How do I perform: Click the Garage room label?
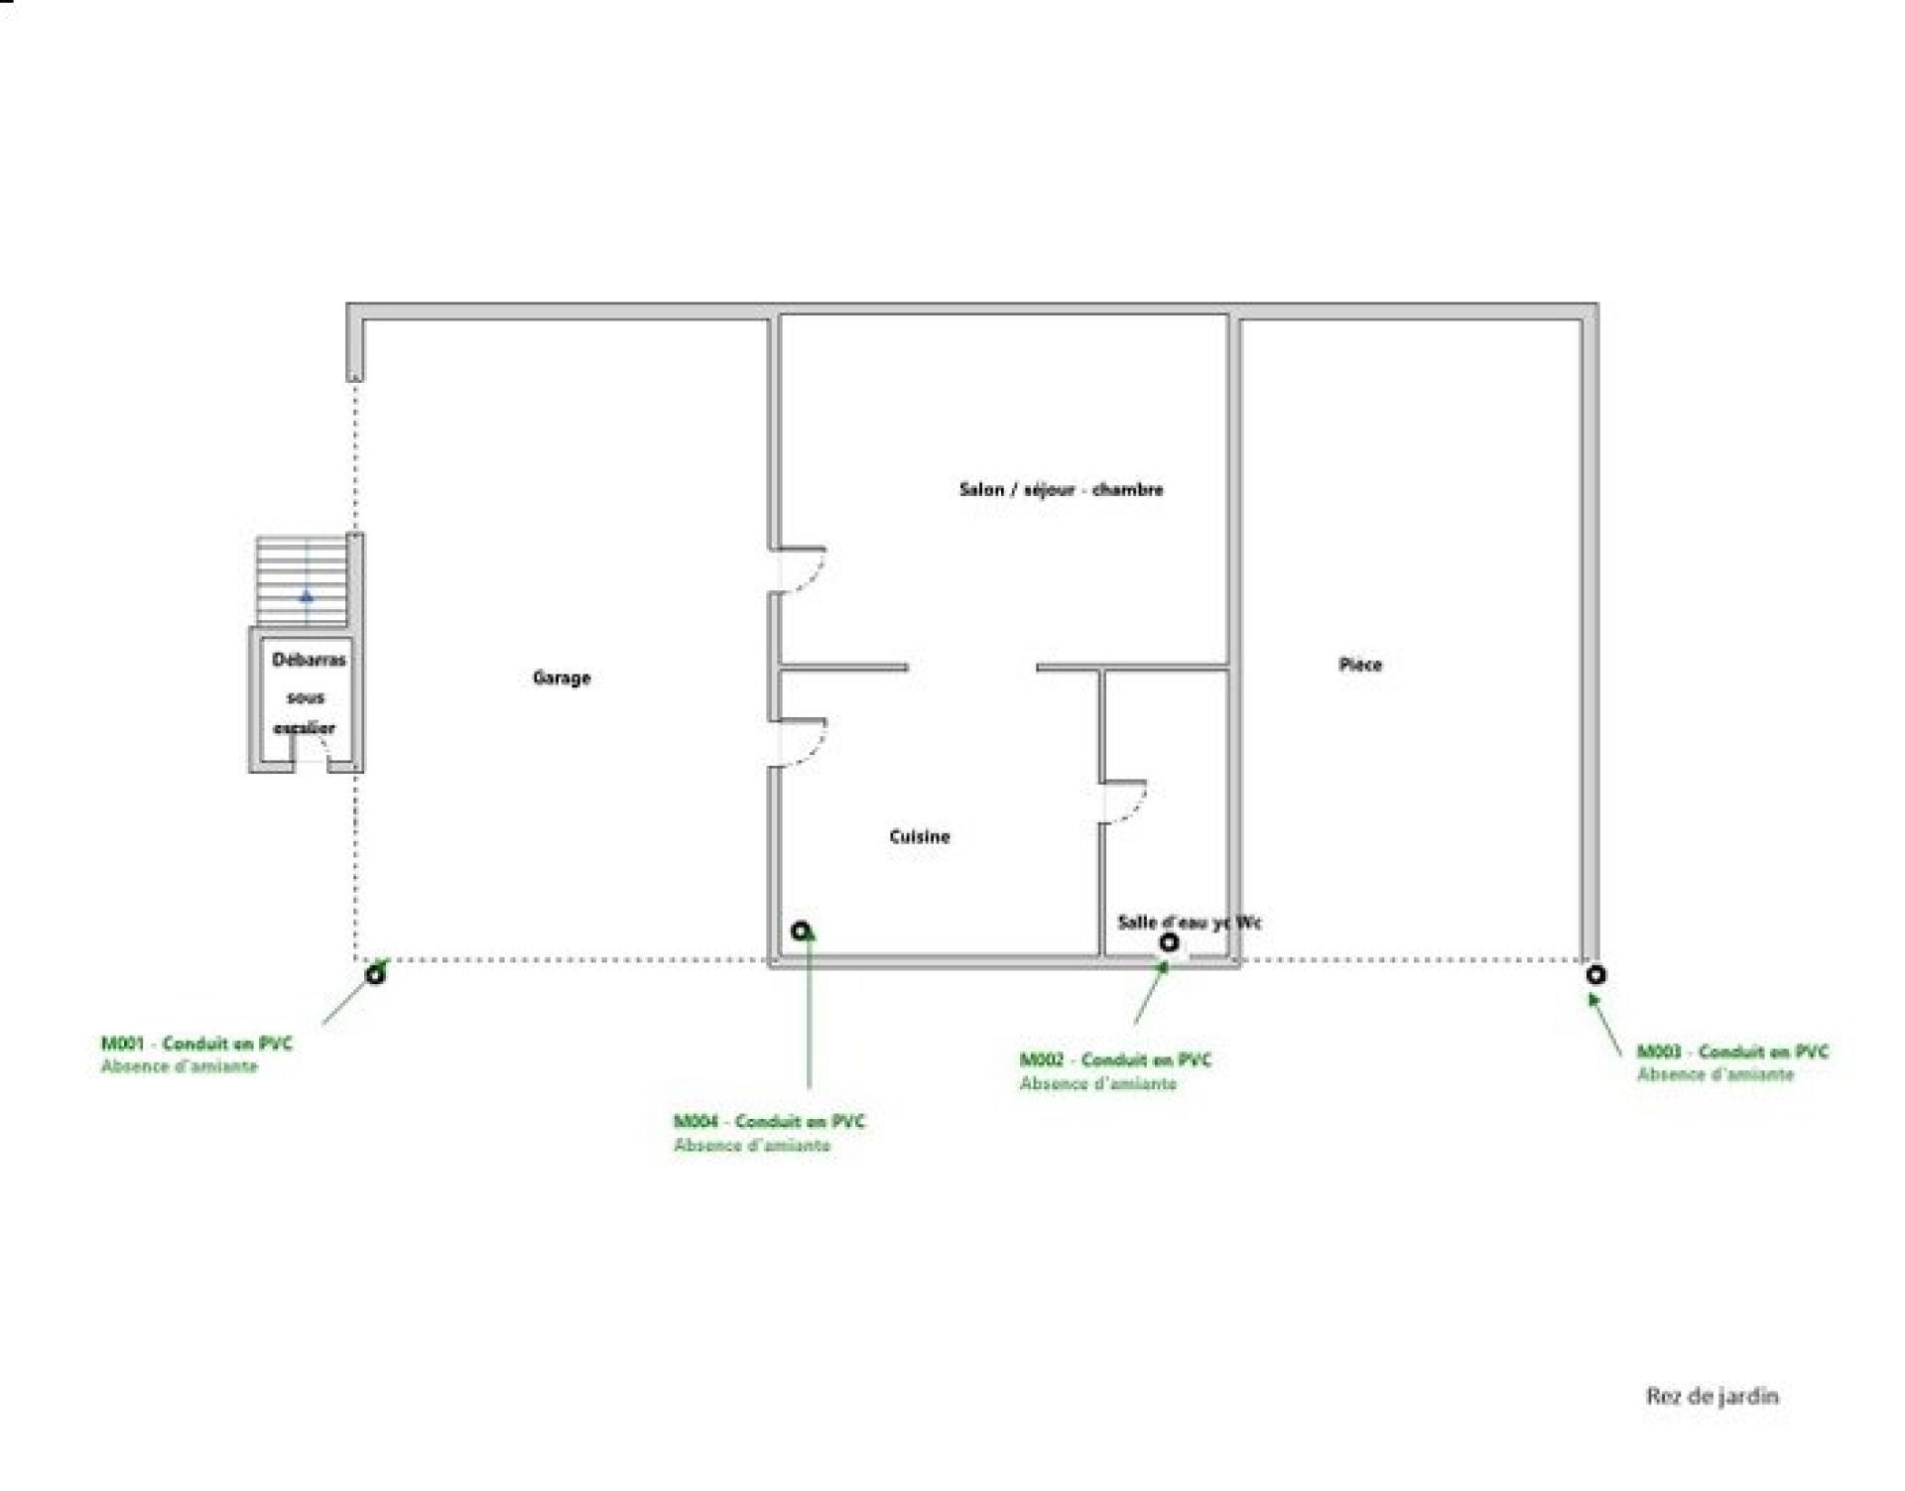tap(562, 678)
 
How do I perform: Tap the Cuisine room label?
tap(920, 836)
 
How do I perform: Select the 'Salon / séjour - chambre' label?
tap(1061, 489)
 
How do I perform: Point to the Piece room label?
tap(1360, 665)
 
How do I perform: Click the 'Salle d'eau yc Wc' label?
tap(1190, 923)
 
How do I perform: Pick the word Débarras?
tap(310, 660)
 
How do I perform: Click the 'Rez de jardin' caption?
tap(1713, 1397)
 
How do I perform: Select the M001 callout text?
tap(196, 1055)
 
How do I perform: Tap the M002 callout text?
tap(1115, 1071)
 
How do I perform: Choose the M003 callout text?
tap(1732, 1062)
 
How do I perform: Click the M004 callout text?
tap(769, 1133)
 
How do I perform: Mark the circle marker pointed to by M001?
tap(375, 974)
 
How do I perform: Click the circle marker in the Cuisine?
tap(801, 931)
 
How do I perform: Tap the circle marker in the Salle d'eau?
tap(1170, 942)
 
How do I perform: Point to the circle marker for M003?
tap(1595, 975)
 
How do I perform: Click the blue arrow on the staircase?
tap(307, 596)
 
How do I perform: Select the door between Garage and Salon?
tap(799, 569)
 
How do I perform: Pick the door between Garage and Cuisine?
tap(800, 742)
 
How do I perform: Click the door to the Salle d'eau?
tap(1124, 802)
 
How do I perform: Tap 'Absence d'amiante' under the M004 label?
tap(752, 1145)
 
